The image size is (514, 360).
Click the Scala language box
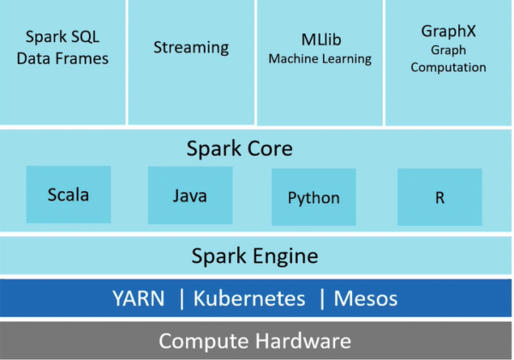[x=69, y=195]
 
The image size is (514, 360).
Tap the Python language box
[x=314, y=198]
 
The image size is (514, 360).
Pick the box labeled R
[x=439, y=197]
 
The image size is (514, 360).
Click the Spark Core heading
[x=240, y=149]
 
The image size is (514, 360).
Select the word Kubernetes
[x=249, y=299]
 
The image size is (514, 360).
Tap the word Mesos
[x=366, y=299]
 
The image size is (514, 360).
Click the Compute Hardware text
[x=255, y=340]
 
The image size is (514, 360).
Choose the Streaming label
[x=191, y=47]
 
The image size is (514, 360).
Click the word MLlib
[x=320, y=39]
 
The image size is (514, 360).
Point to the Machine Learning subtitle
[x=320, y=59]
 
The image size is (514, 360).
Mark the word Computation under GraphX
[x=448, y=68]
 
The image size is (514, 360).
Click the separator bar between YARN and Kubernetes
[x=182, y=299]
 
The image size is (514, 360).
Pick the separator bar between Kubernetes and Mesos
[x=322, y=299]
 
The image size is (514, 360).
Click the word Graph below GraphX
[x=448, y=50]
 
